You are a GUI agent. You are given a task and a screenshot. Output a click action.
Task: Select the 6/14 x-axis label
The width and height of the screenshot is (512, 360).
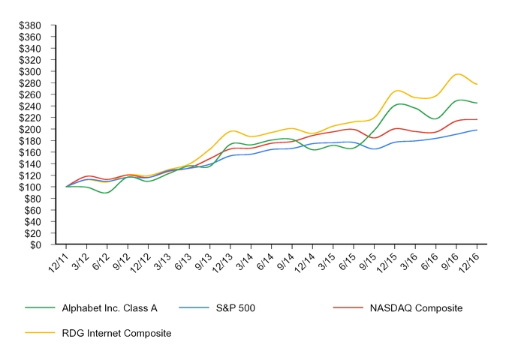(x=264, y=260)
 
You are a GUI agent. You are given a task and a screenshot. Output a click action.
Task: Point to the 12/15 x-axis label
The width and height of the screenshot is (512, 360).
(x=386, y=260)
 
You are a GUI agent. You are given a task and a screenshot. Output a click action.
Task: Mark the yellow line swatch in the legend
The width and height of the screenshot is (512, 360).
(x=38, y=332)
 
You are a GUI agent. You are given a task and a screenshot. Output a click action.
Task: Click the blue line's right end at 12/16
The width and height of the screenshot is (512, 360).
(x=477, y=130)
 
